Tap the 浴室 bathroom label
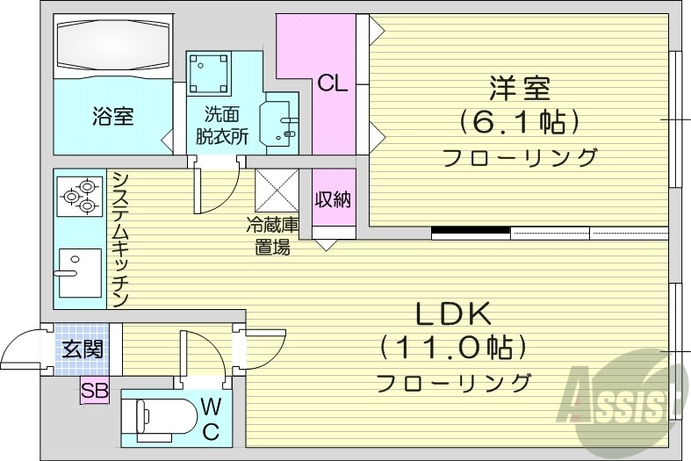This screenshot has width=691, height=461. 112,116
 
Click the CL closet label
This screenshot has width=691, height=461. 333,84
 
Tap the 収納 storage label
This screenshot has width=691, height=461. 333,199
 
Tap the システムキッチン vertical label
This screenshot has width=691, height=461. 121,239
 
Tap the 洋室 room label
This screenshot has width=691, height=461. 520,89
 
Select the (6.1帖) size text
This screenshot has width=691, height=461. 520,122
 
